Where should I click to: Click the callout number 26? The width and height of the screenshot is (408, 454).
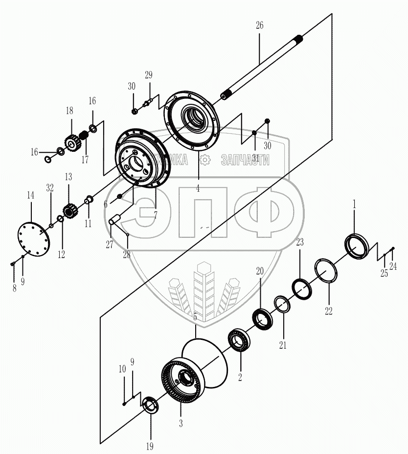[x=259, y=25]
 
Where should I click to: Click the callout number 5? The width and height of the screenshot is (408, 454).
[x=195, y=317]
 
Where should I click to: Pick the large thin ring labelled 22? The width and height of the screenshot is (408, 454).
[x=325, y=271]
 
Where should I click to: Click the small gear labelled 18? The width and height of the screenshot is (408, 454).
[x=71, y=143]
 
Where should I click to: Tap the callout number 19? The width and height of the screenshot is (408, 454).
[x=150, y=446]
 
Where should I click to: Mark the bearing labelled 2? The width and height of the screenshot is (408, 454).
[x=239, y=340]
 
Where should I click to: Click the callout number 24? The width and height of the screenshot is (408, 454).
[x=393, y=266]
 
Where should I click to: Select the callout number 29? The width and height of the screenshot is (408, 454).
[x=148, y=75]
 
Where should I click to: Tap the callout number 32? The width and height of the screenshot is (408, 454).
[x=49, y=188]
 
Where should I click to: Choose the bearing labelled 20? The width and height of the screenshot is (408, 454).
[x=263, y=319]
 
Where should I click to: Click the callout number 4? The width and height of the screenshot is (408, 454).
[x=198, y=188]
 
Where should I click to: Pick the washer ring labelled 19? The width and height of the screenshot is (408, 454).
[x=149, y=406]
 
